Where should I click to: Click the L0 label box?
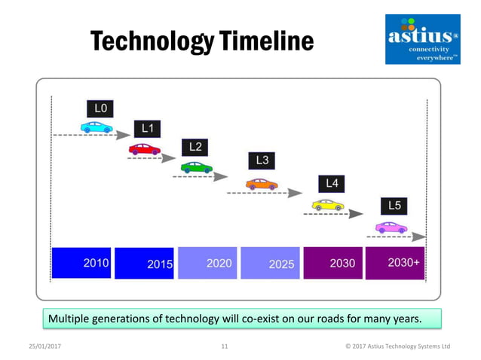[x=100, y=108]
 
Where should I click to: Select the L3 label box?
[x=262, y=160]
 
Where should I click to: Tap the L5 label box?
[x=394, y=205]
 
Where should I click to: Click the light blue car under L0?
[x=97, y=128]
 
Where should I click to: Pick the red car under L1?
[x=144, y=149]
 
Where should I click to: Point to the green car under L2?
[x=196, y=167]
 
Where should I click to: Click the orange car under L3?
[x=262, y=184]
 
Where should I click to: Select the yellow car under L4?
[x=328, y=205]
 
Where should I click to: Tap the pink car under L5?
[x=391, y=227]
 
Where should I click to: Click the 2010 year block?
[x=81, y=263]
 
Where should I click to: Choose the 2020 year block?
[x=207, y=263]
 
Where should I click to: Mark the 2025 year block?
[x=271, y=263]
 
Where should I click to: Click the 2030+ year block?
[x=394, y=263]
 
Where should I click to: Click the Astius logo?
[x=422, y=39]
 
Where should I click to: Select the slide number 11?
[x=225, y=346]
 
